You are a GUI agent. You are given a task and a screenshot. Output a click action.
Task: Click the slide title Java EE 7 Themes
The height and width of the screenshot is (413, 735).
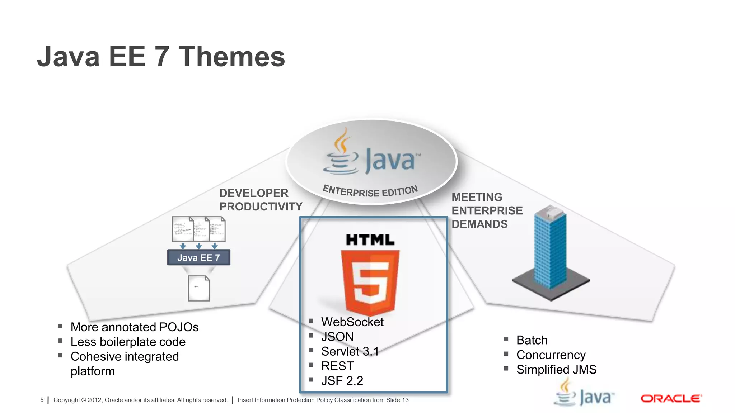[161, 57]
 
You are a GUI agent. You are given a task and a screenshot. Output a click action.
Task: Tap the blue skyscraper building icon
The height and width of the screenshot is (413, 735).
[550, 251]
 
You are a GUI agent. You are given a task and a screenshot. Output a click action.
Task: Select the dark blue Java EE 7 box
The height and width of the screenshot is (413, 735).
[198, 257]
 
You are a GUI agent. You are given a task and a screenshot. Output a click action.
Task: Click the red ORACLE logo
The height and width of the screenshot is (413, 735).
[671, 398]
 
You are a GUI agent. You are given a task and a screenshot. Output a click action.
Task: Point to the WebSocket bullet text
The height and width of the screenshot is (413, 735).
[352, 322]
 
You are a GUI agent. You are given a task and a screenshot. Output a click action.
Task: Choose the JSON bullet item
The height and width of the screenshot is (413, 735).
[337, 337]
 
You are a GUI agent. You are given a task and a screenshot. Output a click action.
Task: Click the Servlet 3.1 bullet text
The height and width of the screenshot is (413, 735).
[350, 351]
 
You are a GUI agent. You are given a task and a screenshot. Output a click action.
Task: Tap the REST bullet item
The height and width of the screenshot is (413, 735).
[337, 366]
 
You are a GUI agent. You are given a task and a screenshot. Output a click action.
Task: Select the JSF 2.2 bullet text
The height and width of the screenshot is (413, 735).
[342, 381]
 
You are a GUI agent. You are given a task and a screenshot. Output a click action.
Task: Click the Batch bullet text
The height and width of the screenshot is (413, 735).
[532, 340]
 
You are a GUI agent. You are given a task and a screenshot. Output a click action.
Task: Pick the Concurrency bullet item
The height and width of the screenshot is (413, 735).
[551, 355]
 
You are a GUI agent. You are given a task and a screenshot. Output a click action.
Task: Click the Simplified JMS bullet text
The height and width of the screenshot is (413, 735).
[556, 370]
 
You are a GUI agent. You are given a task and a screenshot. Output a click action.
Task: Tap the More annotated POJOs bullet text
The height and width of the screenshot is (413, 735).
[135, 327]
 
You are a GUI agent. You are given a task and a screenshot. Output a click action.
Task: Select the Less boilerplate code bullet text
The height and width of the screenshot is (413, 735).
[128, 342]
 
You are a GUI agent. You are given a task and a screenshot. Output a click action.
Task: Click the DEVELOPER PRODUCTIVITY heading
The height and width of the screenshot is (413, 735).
[261, 200]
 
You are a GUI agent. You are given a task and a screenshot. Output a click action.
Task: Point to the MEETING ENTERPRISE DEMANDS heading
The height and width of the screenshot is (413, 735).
[487, 210]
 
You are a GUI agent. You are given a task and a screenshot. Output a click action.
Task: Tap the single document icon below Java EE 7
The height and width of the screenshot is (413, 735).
[198, 288]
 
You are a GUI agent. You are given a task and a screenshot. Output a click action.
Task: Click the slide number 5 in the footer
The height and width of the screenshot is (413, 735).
[42, 400]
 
